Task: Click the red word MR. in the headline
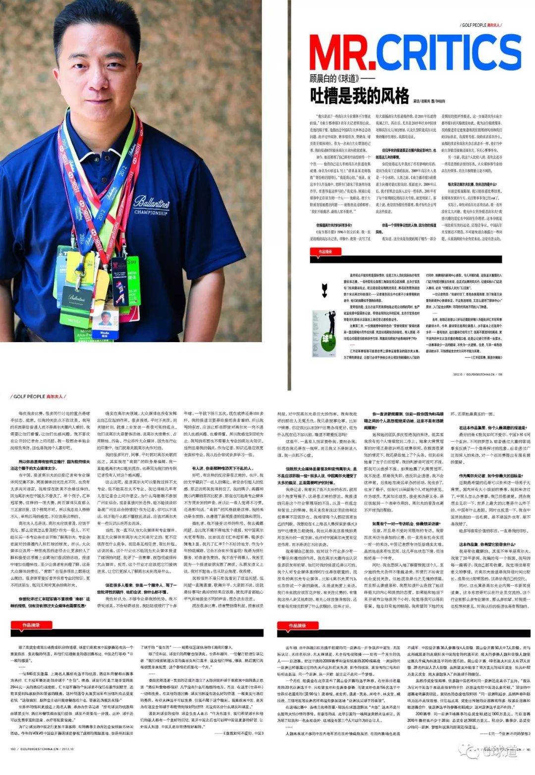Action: point(340,53)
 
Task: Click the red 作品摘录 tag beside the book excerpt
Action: point(325,252)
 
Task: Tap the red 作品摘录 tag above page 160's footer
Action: point(31,625)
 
